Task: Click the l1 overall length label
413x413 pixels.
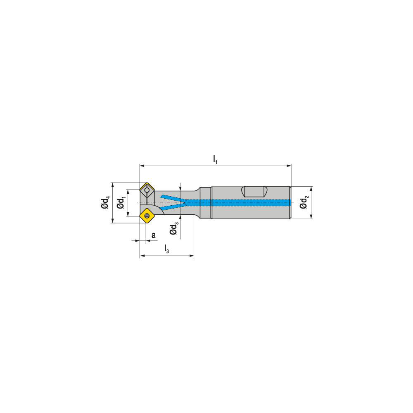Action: point(215,159)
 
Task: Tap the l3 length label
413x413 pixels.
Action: point(166,249)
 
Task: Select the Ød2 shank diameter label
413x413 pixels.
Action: point(304,202)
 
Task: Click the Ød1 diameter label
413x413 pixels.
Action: point(121,203)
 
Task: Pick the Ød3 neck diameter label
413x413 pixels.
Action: point(174,228)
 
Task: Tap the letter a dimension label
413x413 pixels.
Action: point(154,235)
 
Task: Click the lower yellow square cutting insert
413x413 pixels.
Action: point(147,215)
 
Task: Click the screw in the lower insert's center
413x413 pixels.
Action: point(147,215)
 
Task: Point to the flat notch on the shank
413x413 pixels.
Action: point(254,192)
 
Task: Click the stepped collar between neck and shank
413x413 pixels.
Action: point(205,203)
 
